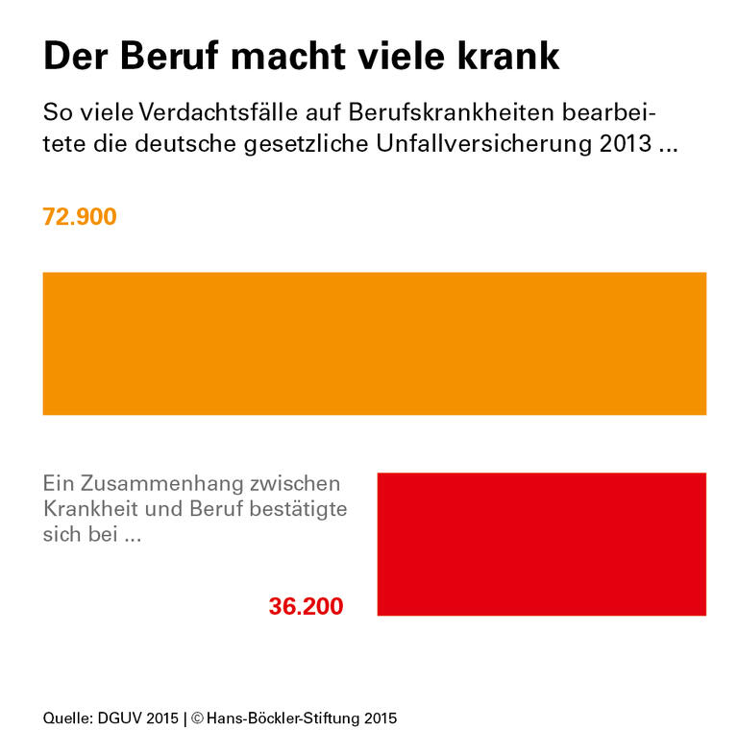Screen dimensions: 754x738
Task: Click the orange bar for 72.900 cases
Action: pos(374,343)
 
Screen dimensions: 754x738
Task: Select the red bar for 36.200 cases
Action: pos(541,544)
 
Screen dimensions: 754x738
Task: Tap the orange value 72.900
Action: pos(80,217)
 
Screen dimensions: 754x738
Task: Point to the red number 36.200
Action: pos(306,607)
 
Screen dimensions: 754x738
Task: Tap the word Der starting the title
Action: pos(76,57)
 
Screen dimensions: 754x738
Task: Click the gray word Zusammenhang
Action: pos(160,483)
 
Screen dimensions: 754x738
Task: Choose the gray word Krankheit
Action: pos(87,509)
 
